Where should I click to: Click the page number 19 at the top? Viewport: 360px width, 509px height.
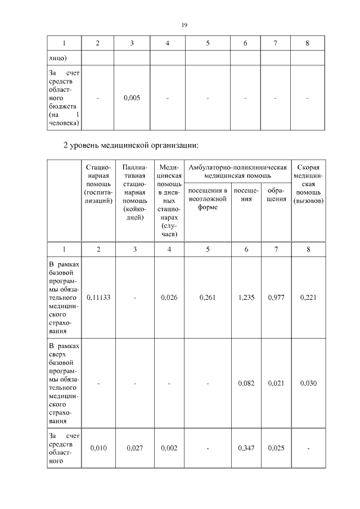[x=184, y=25]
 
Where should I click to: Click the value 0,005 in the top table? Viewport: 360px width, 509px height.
[x=132, y=98]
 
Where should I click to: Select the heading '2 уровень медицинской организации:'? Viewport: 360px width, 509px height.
[x=130, y=146]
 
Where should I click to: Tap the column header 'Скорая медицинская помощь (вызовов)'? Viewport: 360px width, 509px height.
[x=308, y=184]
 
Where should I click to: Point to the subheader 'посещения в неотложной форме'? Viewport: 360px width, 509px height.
[x=208, y=198]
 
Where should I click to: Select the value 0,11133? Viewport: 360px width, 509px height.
[x=98, y=298]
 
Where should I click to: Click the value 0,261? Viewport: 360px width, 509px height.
[x=208, y=298]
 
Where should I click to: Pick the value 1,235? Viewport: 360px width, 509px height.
[x=246, y=298]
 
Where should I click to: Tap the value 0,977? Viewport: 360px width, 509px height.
[x=276, y=298]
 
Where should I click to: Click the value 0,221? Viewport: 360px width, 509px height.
[x=308, y=298]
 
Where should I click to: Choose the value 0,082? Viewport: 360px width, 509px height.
[x=246, y=383]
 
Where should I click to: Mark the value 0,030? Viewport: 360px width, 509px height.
[x=308, y=383]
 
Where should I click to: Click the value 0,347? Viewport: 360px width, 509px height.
[x=246, y=448]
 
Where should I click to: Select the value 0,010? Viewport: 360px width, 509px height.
[x=98, y=448]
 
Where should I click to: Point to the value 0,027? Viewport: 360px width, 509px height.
[x=135, y=448]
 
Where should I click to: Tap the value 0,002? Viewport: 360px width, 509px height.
[x=169, y=448]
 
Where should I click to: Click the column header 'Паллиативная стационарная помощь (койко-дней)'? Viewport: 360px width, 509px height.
[x=135, y=192]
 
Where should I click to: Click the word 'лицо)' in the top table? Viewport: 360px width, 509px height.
[x=57, y=57]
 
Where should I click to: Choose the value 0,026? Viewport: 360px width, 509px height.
[x=169, y=298]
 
